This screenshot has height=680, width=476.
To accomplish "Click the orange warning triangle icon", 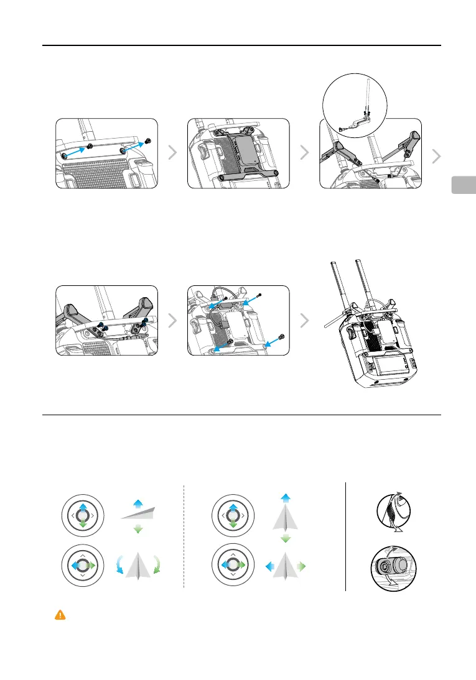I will pos(60,615).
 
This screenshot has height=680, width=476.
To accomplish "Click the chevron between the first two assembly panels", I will pos(173,154).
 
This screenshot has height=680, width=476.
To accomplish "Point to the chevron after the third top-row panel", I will pos(437,157).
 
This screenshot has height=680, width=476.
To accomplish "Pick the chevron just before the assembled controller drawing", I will pos(305,321).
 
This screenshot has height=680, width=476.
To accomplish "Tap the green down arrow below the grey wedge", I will pos(139,528).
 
